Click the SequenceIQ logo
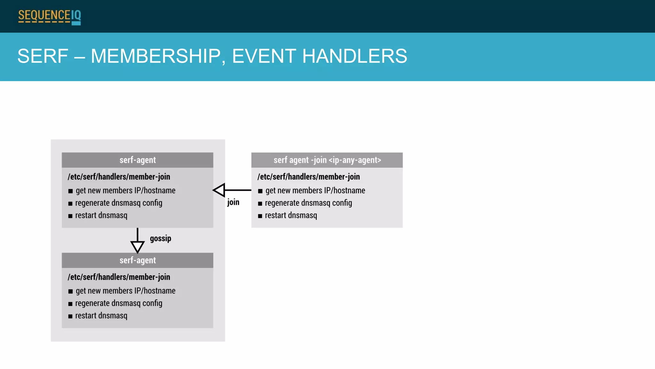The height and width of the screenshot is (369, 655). point(49,16)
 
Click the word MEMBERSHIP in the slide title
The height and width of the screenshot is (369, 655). point(156,56)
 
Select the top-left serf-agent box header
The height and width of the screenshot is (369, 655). point(138,160)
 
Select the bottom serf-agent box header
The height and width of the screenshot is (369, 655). point(138,260)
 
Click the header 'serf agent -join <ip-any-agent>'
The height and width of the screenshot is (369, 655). point(327,160)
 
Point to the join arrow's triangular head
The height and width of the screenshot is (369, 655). point(220,190)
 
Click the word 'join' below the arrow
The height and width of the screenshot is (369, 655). point(233,202)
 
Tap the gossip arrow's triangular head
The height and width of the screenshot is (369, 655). point(138,247)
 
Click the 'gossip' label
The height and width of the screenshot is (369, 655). point(161,239)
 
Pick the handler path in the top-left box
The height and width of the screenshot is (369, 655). point(119,177)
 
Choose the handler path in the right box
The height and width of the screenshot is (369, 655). point(308,177)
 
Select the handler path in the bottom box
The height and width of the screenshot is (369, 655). point(119,277)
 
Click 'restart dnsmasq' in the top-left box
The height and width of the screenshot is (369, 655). point(101,216)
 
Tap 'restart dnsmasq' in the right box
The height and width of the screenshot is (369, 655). point(291,216)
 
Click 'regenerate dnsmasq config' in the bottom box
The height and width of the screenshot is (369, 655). point(119,303)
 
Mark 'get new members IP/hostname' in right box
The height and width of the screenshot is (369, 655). point(315,191)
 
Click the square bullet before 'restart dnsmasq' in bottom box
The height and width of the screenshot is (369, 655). point(70,316)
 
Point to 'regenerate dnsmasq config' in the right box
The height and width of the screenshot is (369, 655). point(308,203)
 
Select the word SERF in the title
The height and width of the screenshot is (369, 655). point(43,56)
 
